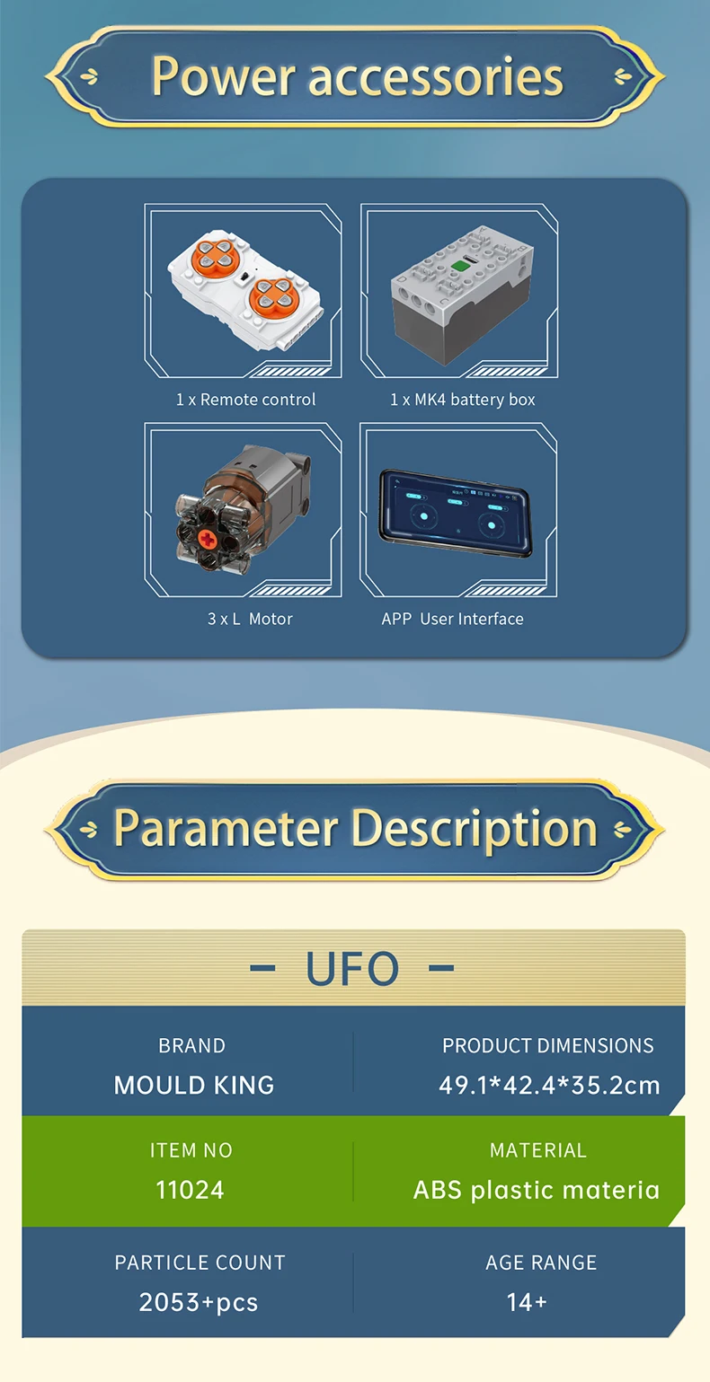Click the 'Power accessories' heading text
tap(357, 76)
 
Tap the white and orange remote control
tap(245, 289)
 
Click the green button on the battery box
tap(460, 266)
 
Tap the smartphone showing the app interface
tap(456, 514)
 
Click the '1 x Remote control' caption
tap(245, 400)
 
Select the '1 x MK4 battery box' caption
tap(463, 400)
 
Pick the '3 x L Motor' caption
tap(250, 619)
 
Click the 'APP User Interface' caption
tap(453, 619)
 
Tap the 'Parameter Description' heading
tap(355, 829)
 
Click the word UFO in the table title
tap(352, 968)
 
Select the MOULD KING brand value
tap(194, 1086)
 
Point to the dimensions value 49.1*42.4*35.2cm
tap(549, 1086)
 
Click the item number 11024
tap(190, 1190)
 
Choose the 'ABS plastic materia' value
tap(537, 1190)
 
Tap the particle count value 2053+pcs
tap(199, 1302)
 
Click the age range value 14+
tap(527, 1302)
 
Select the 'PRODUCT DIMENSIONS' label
tap(547, 1046)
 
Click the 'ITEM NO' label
tap(191, 1150)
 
